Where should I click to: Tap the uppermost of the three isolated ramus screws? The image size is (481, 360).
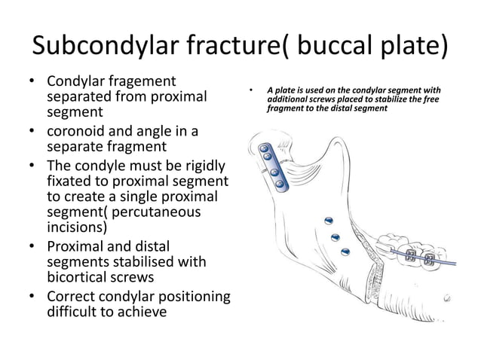328,220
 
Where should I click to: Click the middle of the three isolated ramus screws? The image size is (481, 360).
335,236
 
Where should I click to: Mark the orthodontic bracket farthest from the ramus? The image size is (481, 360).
430,260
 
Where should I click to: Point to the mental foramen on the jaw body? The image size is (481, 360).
447,298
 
